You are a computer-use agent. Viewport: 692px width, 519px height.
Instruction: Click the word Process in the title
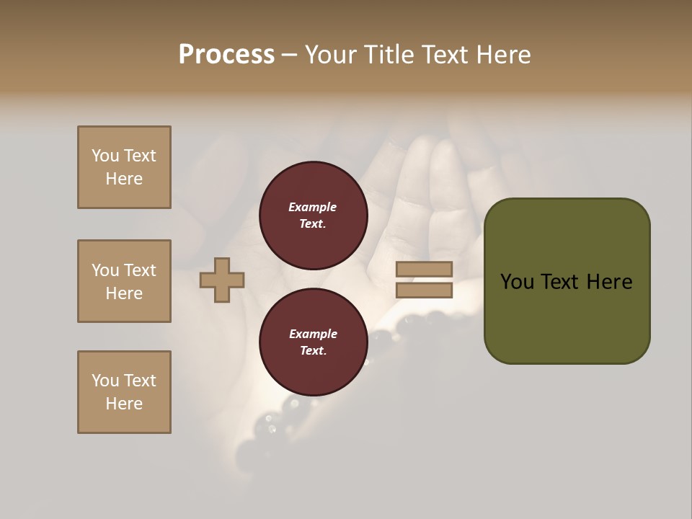click(x=226, y=55)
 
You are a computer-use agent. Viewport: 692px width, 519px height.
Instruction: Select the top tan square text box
click(x=124, y=167)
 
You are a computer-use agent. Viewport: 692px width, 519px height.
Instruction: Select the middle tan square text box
click(x=124, y=281)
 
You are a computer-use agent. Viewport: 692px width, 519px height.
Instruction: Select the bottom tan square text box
click(x=124, y=392)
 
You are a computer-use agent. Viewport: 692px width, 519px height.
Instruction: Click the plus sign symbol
click(x=222, y=280)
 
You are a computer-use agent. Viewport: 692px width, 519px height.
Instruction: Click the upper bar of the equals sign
click(x=425, y=269)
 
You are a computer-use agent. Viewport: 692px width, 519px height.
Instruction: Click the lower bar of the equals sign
click(x=425, y=290)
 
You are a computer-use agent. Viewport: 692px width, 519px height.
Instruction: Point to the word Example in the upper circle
click(x=313, y=207)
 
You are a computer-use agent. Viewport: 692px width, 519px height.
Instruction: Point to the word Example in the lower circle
click(x=313, y=334)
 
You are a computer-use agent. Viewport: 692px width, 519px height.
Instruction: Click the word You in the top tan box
click(x=105, y=156)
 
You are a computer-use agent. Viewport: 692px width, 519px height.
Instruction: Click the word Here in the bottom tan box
click(x=124, y=404)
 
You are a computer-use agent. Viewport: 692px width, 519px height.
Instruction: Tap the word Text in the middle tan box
click(x=140, y=270)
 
